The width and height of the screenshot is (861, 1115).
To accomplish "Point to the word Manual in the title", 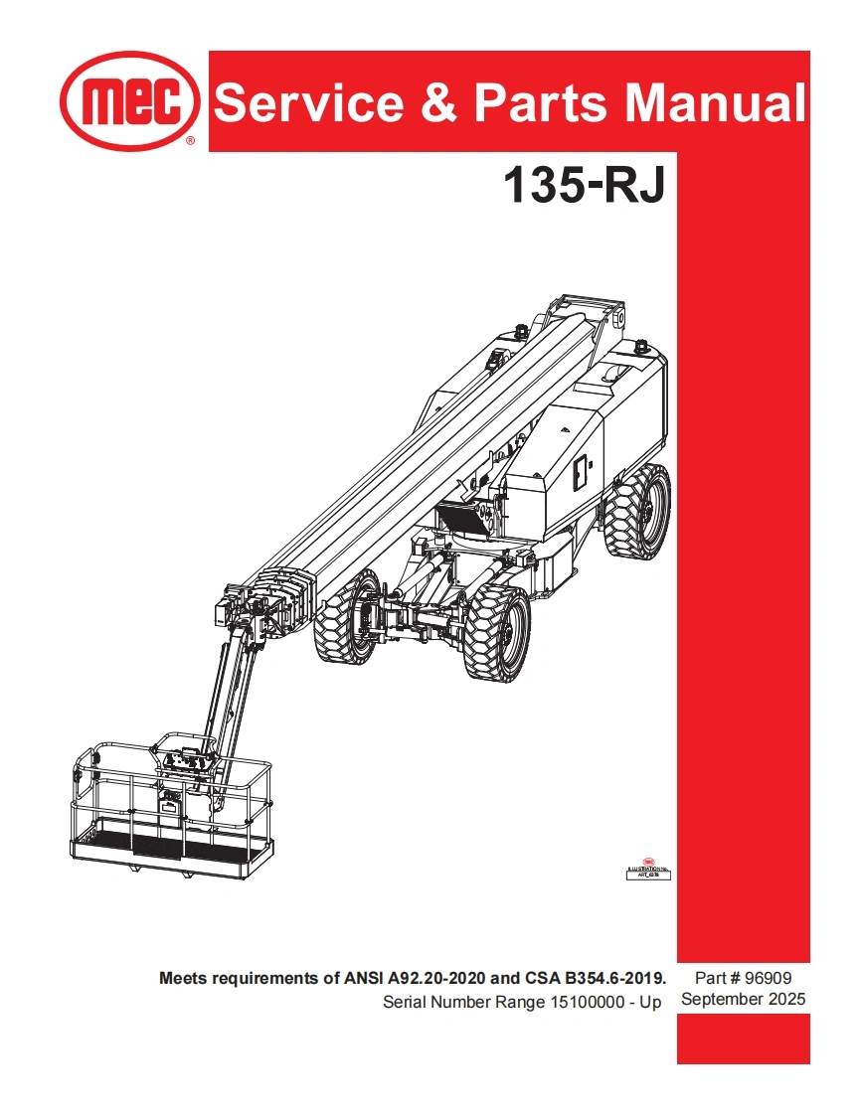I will tap(709, 103).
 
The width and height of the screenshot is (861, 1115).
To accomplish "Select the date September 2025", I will tap(743, 1000).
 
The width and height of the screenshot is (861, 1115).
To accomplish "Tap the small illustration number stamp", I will tap(648, 872).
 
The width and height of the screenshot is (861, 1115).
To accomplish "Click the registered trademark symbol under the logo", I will tap(191, 142).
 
